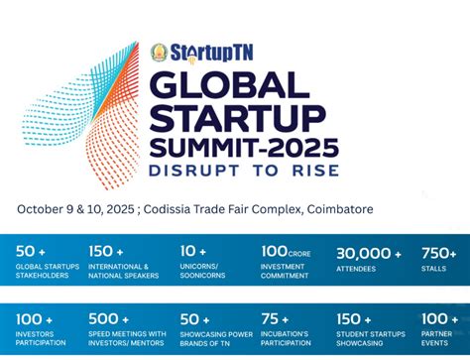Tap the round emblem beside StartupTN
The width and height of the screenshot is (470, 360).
click(159, 52)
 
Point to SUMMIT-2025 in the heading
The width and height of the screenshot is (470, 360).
click(244, 149)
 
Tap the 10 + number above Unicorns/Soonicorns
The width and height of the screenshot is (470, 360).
click(193, 252)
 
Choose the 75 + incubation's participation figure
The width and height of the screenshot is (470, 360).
click(277, 318)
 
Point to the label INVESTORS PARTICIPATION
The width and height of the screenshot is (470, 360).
click(41, 337)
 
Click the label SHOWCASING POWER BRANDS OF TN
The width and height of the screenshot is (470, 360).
click(211, 337)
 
